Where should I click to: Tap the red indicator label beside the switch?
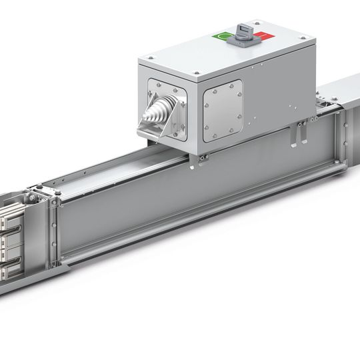point(261,35)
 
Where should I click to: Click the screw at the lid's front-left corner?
point(151,59)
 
